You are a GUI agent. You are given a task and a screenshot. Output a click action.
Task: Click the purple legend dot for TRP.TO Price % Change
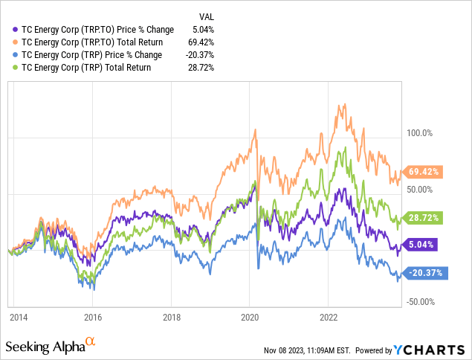[16, 30]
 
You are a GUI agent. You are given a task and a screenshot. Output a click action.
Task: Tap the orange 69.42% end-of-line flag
[425, 172]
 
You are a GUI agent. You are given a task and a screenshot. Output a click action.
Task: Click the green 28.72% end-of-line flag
[425, 218]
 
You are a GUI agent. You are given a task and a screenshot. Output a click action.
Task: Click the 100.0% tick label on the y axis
[417, 134]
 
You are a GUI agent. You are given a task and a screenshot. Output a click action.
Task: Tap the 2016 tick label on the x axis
[93, 316]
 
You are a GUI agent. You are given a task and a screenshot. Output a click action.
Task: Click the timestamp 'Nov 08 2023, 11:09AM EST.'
[310, 350]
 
